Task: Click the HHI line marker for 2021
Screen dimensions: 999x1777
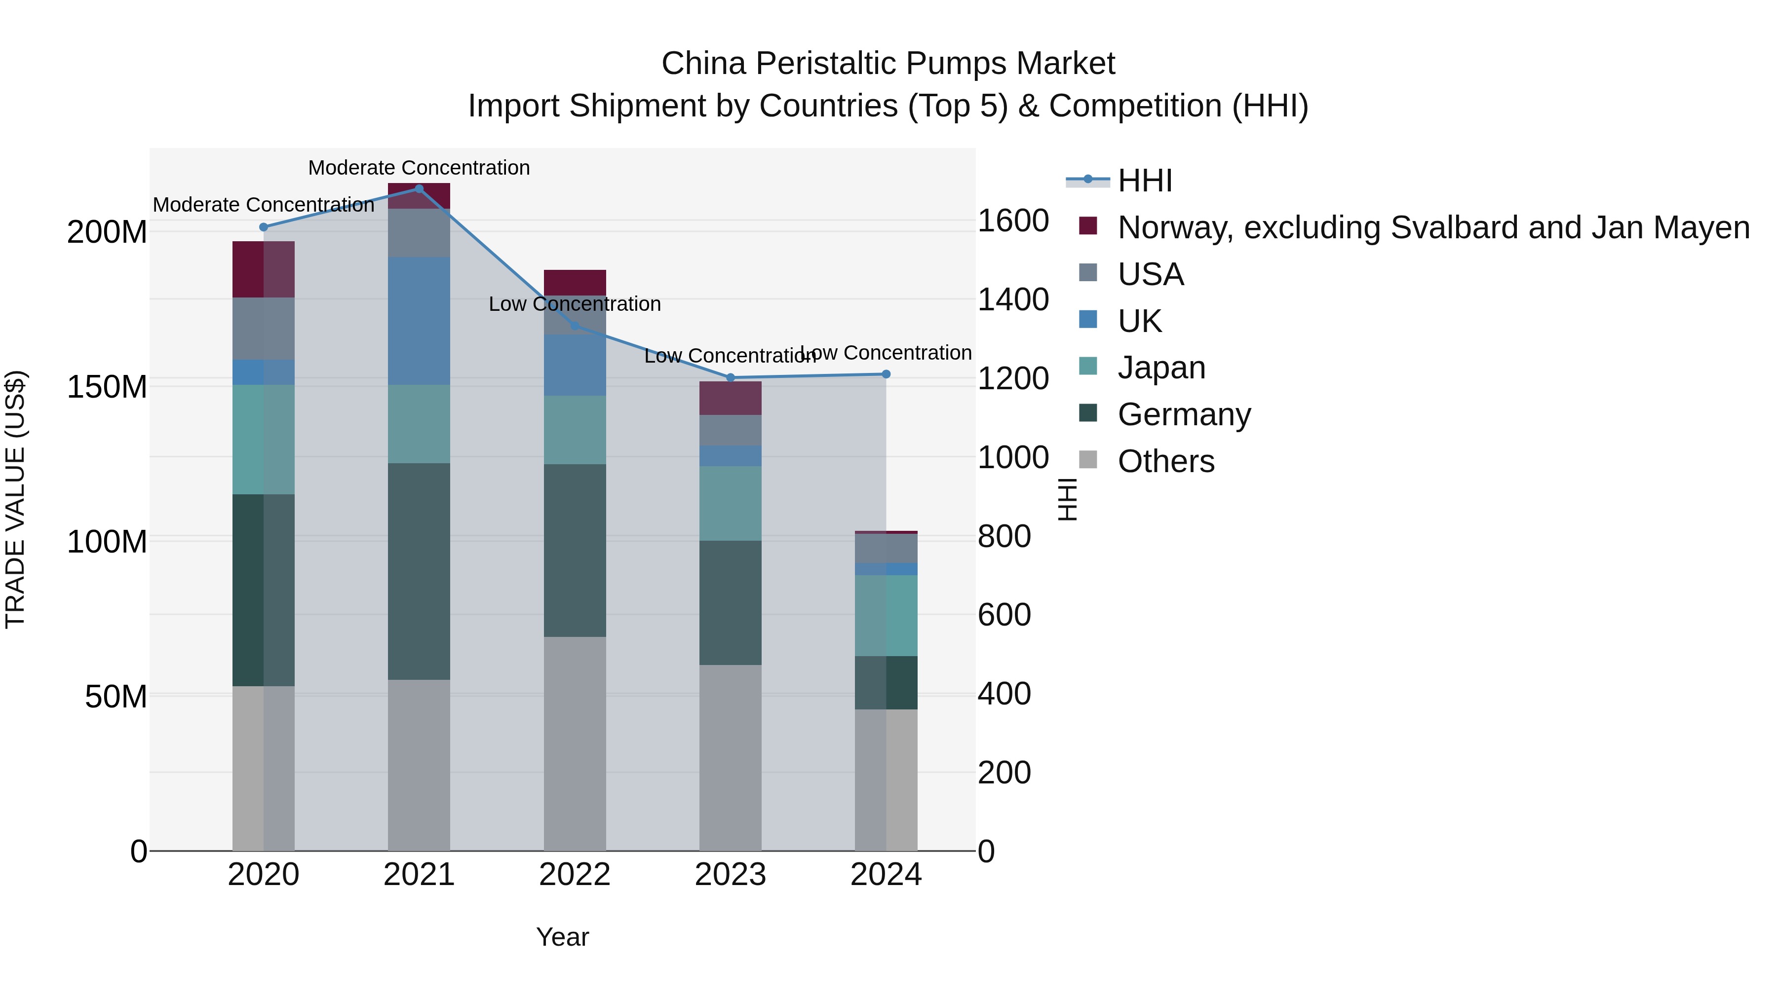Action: (419, 189)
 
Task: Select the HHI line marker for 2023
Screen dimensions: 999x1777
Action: (731, 378)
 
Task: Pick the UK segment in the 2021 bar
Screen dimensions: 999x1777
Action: (419, 321)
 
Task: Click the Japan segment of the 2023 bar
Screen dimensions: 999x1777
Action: (731, 503)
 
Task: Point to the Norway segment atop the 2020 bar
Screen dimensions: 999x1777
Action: (264, 269)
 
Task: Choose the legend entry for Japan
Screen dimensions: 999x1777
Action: (1161, 368)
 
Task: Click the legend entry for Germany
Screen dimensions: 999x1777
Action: (1183, 414)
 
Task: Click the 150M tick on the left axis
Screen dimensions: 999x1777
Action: (107, 387)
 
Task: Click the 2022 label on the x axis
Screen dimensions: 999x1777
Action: (575, 875)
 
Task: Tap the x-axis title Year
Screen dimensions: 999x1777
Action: (562, 937)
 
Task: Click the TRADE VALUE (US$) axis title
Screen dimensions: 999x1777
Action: (15, 499)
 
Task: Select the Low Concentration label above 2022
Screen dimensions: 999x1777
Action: (575, 304)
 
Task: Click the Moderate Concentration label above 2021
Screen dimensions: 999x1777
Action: (419, 168)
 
